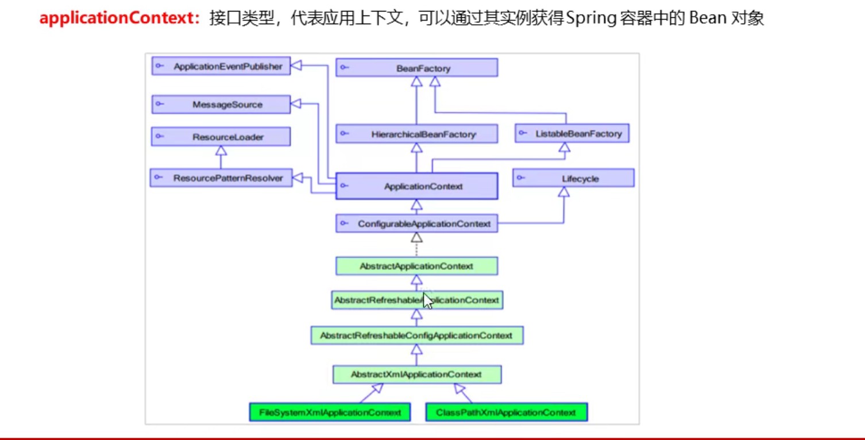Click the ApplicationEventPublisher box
point(221,66)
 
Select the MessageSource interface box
point(221,105)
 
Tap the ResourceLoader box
point(221,137)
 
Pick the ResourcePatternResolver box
point(221,177)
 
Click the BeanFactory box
point(416,68)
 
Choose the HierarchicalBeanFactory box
point(416,134)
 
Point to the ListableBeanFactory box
point(572,133)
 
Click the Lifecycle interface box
point(573,178)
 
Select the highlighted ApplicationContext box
point(416,186)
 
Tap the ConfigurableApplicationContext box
point(416,223)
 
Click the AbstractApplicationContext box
point(416,266)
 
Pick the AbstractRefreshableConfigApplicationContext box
point(417,335)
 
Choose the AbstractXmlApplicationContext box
point(417,375)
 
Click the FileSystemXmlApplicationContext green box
point(330,412)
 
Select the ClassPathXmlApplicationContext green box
point(507,412)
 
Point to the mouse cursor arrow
point(428,301)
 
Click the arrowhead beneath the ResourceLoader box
point(221,150)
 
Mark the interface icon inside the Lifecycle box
point(521,177)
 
